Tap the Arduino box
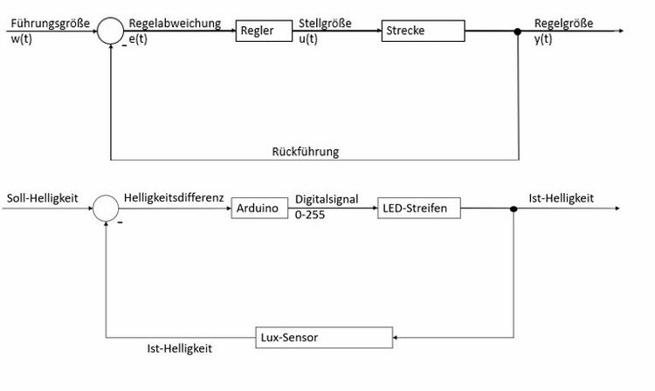point(259,209)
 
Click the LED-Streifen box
point(416,209)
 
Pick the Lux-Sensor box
point(323,335)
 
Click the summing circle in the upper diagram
point(111,31)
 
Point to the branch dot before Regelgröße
point(518,31)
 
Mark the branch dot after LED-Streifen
point(514,209)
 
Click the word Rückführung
point(305,151)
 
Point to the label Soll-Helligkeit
point(42,198)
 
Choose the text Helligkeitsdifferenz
point(175,198)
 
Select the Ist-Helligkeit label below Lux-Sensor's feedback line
point(180,347)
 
